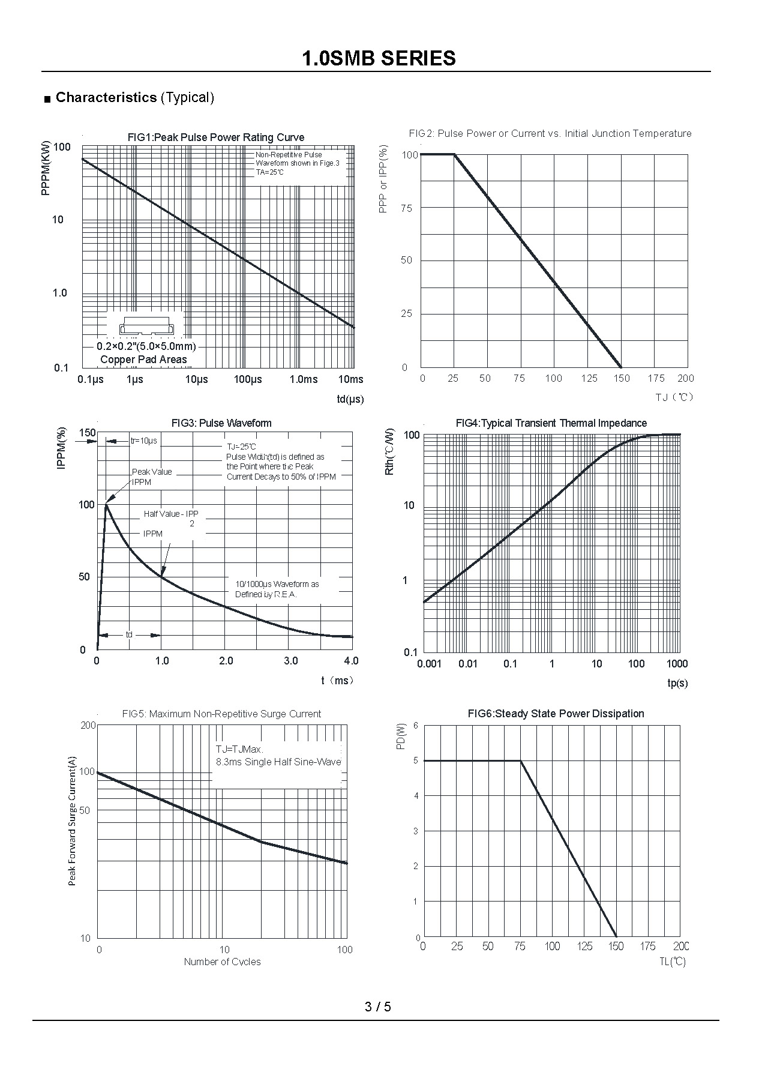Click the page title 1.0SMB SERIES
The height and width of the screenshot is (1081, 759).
tap(379, 58)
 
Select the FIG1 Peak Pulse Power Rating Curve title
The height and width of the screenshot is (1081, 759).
tap(216, 137)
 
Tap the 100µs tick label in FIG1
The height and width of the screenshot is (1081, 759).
tap(248, 379)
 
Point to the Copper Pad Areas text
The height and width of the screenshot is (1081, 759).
tap(143, 360)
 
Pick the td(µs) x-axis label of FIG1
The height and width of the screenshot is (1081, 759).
tap(350, 399)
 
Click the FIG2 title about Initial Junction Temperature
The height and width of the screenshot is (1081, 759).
tap(550, 133)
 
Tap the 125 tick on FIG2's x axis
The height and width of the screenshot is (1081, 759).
tap(589, 378)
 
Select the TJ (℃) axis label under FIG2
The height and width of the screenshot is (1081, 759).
tap(674, 397)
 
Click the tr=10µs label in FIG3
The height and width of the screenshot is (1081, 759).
tap(144, 441)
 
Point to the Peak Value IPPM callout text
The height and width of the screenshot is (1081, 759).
tap(151, 477)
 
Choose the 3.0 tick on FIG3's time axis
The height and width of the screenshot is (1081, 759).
tap(290, 661)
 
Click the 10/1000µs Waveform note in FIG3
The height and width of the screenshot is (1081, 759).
tap(277, 589)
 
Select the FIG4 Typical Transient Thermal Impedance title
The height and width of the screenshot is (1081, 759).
tap(551, 423)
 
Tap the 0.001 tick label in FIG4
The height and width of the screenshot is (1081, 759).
tap(429, 663)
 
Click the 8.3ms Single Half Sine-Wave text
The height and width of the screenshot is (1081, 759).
tap(278, 762)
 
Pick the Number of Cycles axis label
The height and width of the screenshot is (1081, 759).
tap(222, 962)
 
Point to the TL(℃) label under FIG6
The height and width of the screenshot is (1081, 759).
tap(673, 962)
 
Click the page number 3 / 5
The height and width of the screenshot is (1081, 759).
tap(378, 1007)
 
